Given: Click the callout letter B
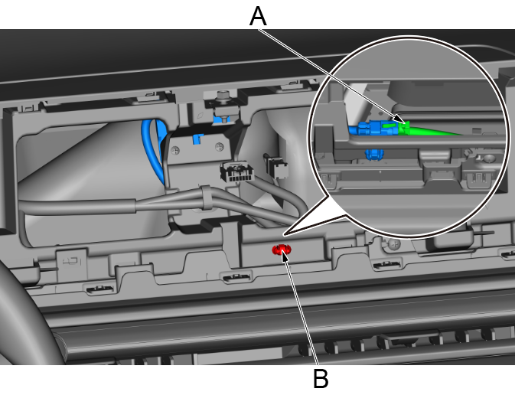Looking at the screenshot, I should [321, 377].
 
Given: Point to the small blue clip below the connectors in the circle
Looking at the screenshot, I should [374, 155].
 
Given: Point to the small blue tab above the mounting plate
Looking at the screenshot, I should [196, 139].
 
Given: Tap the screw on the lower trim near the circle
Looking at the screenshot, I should [393, 245].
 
